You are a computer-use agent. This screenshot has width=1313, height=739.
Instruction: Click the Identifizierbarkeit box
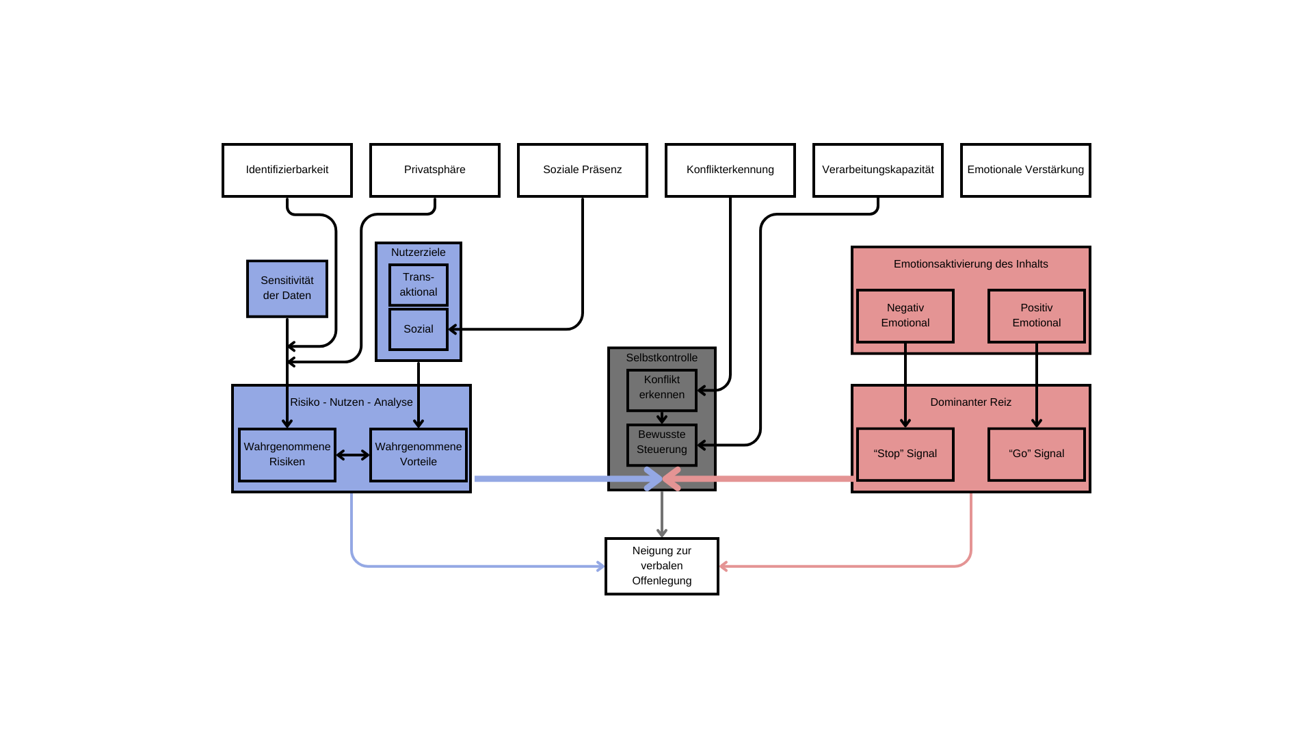coord(287,170)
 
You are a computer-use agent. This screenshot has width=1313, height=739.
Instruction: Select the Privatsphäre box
coord(435,170)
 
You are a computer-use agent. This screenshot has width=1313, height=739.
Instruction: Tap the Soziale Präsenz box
coord(583,170)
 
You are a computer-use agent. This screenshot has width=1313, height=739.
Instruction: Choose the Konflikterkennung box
coord(730,170)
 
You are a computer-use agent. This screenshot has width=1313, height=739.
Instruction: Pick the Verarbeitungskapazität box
coord(878,170)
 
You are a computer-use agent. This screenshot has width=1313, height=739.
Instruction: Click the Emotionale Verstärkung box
coord(1026,170)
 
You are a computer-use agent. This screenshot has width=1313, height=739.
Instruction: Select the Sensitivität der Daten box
coord(287,289)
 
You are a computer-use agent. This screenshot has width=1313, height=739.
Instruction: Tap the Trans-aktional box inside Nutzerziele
coord(419,285)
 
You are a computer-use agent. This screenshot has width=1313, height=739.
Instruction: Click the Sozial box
coord(419,329)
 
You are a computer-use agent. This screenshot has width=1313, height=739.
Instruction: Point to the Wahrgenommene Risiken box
coord(287,455)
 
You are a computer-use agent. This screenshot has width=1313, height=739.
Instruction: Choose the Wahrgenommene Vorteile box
coord(419,455)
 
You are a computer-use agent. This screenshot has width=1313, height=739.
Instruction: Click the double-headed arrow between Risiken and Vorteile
coord(353,455)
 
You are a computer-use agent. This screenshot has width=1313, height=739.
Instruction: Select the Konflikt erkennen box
coord(662,391)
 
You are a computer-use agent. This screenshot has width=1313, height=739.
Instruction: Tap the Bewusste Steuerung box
coord(662,445)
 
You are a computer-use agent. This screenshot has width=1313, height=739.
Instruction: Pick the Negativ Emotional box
coord(905,316)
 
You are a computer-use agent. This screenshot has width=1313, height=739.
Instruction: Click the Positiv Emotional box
coord(1037,316)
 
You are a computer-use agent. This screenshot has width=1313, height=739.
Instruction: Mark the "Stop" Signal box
coord(905,454)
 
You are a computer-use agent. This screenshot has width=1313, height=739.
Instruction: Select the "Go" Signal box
coord(1037,454)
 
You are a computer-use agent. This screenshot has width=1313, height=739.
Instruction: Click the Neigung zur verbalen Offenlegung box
coord(662,567)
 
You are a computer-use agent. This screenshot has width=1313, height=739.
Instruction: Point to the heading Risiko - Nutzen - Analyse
coord(352,402)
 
